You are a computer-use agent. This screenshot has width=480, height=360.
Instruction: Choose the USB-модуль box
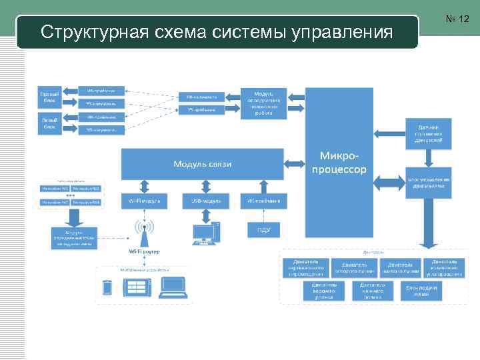[201, 200]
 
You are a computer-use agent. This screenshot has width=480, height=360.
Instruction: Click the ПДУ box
[263, 230]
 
